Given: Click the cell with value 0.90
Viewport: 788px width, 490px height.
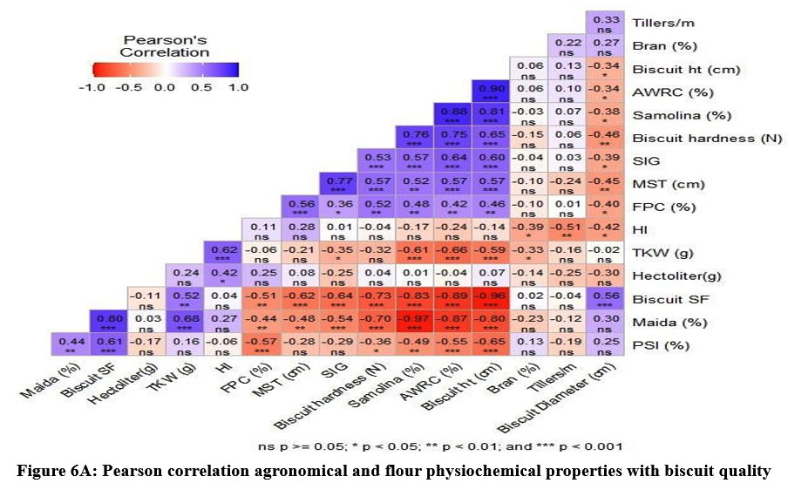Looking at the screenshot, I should tap(491, 93).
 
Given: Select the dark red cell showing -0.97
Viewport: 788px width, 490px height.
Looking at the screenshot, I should tap(414, 323).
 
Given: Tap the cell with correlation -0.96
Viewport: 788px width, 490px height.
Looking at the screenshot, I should tap(491, 299).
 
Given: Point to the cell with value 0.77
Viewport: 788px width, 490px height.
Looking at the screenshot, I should tap(337, 185).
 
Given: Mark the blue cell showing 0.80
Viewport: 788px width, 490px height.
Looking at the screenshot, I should tap(107, 323).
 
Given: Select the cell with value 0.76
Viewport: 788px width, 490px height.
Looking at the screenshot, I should tap(414, 139).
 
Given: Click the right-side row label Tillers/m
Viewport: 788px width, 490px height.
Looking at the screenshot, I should tap(662, 24).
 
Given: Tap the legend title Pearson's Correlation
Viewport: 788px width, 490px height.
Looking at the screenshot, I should tap(165, 45).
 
